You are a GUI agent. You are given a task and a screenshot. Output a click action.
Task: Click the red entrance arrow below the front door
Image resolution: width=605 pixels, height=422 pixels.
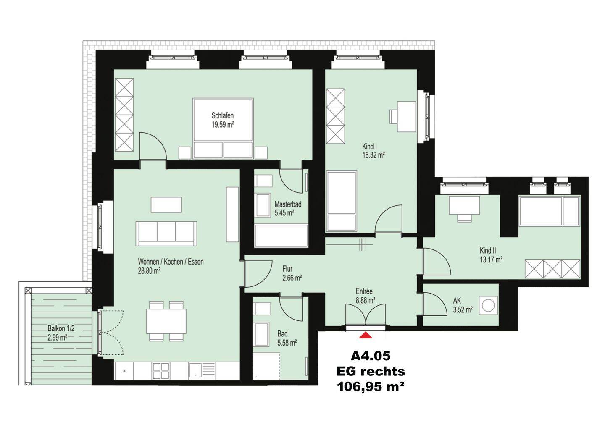coord(366,335)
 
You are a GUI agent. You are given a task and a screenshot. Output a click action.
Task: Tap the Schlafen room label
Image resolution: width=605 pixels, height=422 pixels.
coord(223,115)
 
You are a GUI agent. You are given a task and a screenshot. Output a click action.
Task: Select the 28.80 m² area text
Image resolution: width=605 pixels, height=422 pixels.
coord(150,271)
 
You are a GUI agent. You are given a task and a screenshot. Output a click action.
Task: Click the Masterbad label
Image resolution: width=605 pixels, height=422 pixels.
coord(288,204)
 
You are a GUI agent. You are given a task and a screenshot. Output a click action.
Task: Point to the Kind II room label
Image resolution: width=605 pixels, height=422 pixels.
coord(488,250)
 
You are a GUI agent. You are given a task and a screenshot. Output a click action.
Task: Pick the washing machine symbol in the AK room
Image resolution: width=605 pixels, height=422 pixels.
coord(488,306)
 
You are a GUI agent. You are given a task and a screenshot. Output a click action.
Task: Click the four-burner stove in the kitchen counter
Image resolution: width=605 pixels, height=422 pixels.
coord(160,371)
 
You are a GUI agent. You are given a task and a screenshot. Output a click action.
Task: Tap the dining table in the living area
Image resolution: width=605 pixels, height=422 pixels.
coord(166,321)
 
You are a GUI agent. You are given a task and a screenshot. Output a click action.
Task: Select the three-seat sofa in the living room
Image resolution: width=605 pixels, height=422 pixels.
coord(166,233)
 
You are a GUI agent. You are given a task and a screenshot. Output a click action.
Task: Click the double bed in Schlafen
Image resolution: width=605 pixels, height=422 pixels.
coord(223,128)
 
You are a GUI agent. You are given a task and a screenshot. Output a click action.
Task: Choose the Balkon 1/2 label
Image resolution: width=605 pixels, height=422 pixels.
coord(61,329)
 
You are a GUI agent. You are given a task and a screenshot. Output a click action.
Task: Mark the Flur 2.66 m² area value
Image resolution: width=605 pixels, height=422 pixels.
coord(292,278)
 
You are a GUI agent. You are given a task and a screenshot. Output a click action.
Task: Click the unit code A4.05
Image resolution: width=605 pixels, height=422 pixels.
coord(371,356)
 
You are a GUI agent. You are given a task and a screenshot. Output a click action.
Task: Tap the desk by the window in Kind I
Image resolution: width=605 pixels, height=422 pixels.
coord(406,117)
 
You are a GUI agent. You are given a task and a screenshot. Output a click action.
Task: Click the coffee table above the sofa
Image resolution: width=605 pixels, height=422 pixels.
coord(166,204)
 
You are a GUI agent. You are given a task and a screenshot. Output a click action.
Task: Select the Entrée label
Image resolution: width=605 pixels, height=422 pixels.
coord(364,291)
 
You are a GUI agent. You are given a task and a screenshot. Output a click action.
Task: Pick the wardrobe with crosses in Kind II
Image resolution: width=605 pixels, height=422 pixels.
coord(552,269)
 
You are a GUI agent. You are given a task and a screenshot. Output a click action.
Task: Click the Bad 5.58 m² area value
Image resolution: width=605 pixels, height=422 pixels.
coord(287,343)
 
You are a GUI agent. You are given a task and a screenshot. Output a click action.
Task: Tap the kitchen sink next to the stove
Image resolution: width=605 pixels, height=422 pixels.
coord(202,370)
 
